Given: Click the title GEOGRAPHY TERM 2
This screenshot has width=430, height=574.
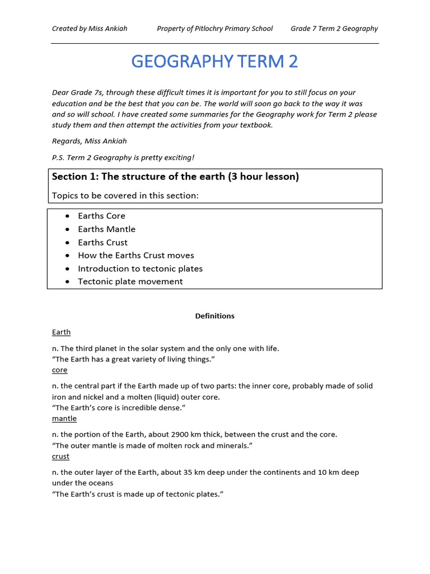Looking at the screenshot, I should tap(214, 61).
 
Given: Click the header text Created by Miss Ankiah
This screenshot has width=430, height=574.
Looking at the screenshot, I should tap(90, 29).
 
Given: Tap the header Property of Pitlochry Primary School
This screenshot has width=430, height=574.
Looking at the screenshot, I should tap(214, 29).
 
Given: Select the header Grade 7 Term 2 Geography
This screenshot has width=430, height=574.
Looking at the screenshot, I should tap(334, 29).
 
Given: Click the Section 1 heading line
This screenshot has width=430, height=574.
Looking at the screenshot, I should tap(175, 177).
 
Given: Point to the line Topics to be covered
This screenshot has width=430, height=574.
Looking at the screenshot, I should tap(125, 195).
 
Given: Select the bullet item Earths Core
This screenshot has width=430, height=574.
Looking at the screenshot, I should tap(101, 216).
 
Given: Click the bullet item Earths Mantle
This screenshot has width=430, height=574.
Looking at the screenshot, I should tap(106, 229).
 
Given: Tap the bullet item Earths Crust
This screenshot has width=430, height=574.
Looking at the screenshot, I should tap(102, 242).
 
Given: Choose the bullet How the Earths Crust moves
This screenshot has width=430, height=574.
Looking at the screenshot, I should tap(136, 256).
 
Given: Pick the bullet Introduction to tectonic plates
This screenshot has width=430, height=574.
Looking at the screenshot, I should tap(140, 269).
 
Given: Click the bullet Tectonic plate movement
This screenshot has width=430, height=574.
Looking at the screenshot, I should tap(130, 281).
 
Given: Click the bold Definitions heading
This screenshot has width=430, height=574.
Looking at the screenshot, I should tap(214, 316).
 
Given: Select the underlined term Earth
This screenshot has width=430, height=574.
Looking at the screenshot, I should tap(61, 332).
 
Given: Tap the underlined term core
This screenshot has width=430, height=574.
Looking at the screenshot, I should tap(59, 370).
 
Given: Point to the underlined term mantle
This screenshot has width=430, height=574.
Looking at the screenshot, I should tap(64, 419).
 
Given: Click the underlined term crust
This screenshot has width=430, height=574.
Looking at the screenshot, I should tap(60, 456).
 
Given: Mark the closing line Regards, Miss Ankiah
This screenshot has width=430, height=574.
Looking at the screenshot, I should tap(90, 141).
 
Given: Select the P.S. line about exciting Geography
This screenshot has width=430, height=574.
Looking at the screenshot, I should tap(123, 158).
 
